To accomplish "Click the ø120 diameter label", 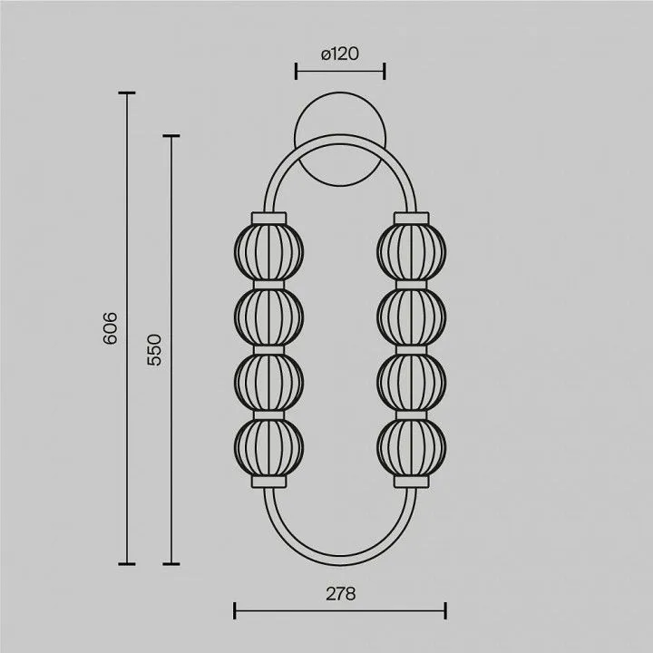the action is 340,54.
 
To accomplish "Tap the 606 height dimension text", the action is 110,328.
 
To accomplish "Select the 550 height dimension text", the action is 154,350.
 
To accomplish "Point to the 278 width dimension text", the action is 341,594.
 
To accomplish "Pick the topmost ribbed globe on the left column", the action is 269,251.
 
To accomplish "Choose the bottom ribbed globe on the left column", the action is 269,447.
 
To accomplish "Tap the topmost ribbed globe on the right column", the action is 412,251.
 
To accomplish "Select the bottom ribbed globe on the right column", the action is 412,447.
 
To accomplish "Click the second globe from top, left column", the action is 269,317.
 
